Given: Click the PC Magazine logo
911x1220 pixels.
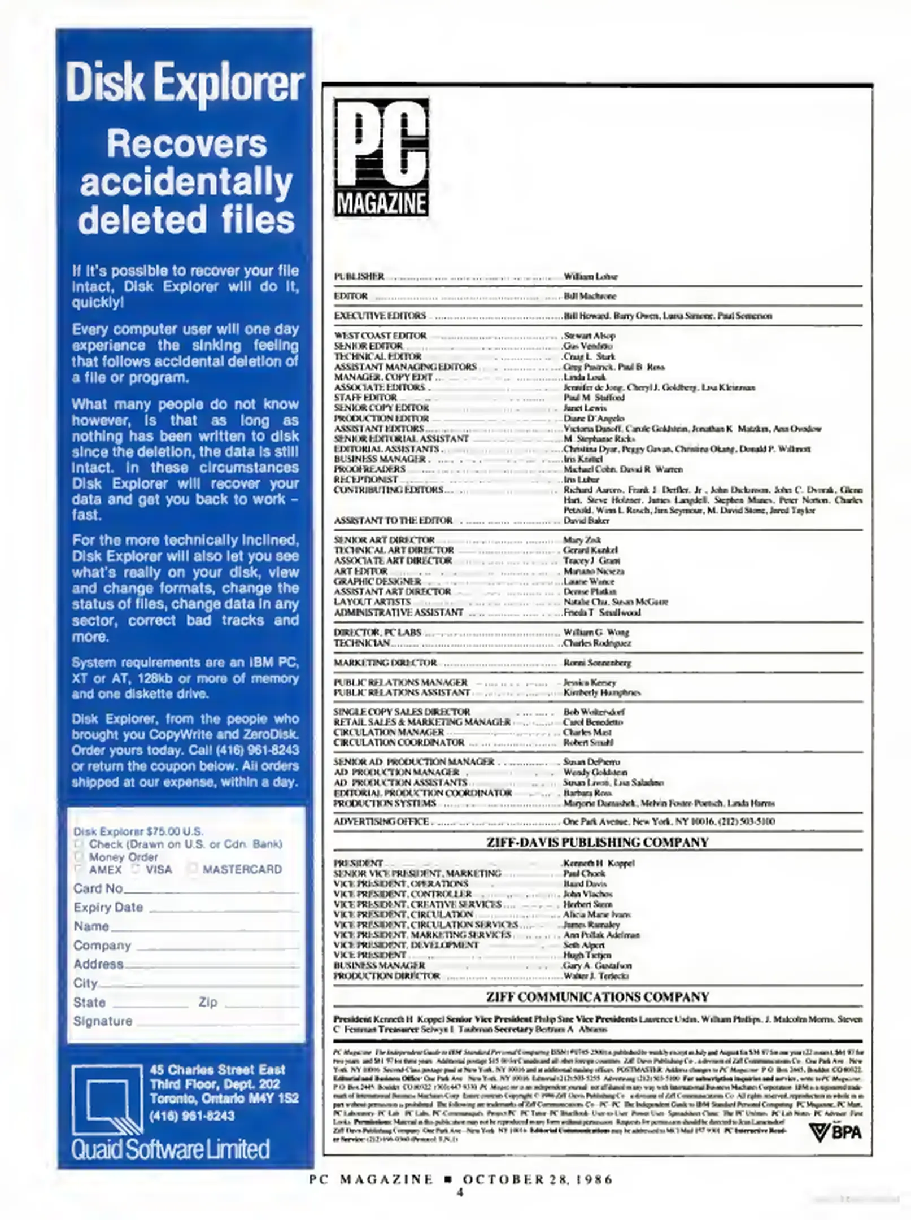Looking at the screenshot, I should coord(381,157).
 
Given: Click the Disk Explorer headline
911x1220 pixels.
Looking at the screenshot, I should coord(185,84).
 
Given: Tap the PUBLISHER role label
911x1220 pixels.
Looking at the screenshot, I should coord(359,277).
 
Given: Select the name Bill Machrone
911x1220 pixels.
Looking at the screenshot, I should coord(590,296).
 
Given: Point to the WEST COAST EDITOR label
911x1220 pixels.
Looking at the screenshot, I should coord(380,335).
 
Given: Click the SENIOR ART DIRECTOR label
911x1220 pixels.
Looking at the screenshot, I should coord(384,540).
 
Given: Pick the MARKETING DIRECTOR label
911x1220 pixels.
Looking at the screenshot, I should coord(385,663).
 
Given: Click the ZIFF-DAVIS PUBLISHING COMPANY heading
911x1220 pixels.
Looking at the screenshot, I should coord(597,842).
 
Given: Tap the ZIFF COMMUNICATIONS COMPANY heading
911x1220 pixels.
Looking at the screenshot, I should coord(597,997).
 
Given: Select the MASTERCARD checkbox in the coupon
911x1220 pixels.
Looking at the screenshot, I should coord(193,869).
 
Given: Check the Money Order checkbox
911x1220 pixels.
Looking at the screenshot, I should coord(79,856).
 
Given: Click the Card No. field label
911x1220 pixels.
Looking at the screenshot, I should coord(98,888).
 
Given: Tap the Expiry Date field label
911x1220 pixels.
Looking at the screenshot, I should coord(108,907).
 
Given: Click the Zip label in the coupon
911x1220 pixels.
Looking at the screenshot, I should coord(207,1002).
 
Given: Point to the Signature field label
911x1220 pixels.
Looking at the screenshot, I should coord(102,1021).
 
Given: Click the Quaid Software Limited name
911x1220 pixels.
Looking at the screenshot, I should coord(170,1149).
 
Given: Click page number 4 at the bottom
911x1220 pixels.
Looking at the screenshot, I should coord(460,1192).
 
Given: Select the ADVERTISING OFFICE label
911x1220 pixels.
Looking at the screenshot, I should coord(381,822).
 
